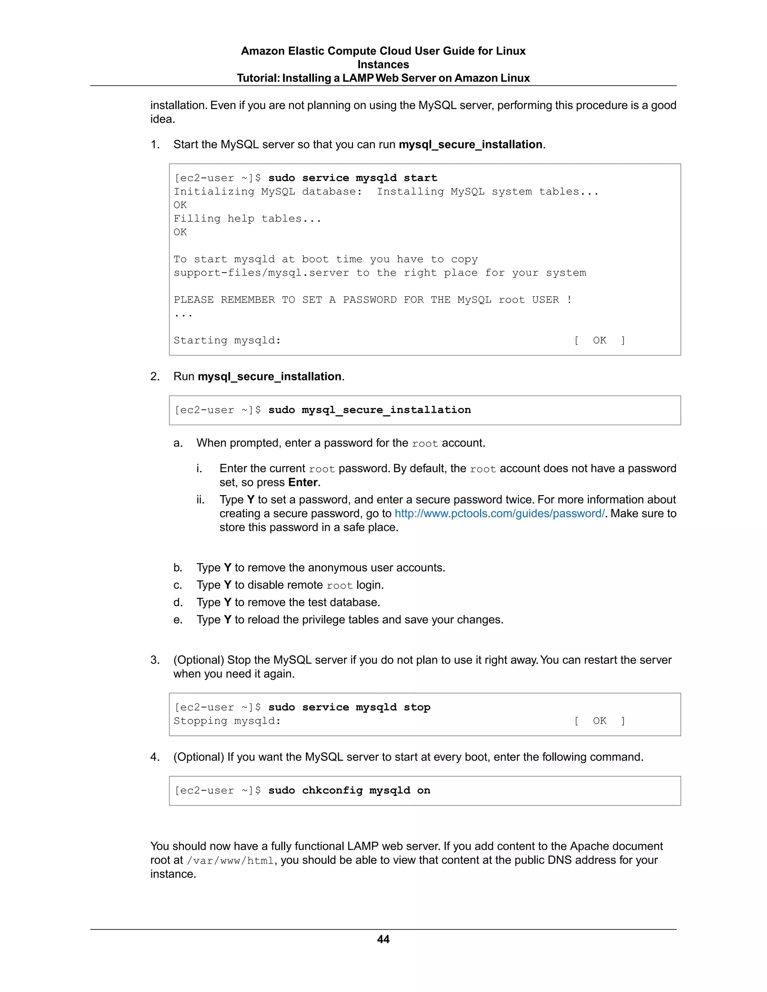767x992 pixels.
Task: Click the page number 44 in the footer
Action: pos(383,939)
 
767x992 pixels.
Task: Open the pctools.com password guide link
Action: pos(499,513)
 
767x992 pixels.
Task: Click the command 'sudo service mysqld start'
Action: pos(352,178)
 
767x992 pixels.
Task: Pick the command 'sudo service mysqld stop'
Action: pos(349,707)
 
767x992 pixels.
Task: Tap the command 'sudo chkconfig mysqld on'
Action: pos(349,790)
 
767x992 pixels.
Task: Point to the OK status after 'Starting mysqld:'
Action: pos(599,340)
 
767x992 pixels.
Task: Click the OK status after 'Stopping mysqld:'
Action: pos(599,721)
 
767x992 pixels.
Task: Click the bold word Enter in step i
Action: pos(303,483)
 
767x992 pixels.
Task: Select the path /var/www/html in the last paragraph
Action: pos(231,861)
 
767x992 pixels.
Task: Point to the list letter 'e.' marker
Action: pos(178,620)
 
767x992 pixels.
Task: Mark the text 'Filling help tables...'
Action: pos(247,219)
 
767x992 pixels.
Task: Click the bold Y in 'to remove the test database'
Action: pos(227,602)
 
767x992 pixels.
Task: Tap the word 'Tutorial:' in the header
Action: pos(258,78)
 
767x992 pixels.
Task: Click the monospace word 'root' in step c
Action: pos(339,585)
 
